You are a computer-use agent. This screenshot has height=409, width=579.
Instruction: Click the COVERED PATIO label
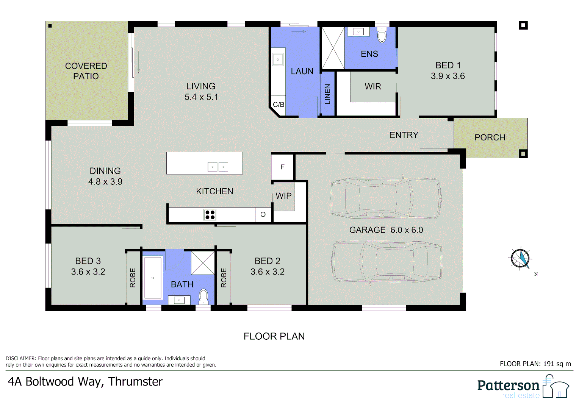86,71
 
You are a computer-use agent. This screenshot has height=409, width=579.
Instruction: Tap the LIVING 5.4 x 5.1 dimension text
201,97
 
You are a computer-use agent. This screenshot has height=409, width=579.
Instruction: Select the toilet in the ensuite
382,36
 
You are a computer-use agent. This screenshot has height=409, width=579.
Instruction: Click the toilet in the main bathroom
203,296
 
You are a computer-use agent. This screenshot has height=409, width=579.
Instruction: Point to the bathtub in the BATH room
153,278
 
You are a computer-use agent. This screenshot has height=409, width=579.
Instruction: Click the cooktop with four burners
210,215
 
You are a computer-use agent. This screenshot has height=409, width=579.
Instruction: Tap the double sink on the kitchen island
218,167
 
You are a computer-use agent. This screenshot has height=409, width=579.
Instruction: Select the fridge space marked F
282,167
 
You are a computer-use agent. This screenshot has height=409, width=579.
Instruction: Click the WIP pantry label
283,196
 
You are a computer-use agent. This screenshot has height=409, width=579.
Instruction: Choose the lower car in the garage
387,261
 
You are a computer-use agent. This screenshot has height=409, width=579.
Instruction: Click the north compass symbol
521,259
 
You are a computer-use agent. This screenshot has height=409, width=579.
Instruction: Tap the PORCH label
490,137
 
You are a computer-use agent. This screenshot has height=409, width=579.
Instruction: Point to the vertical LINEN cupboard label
328,94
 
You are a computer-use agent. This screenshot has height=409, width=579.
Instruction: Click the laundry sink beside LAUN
278,59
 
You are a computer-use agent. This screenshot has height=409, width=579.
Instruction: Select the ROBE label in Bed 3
133,278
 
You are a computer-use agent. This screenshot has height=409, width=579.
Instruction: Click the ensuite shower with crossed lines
333,48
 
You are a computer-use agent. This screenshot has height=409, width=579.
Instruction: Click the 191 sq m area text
557,364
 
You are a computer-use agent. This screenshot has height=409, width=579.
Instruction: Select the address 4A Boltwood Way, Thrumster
85,381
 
